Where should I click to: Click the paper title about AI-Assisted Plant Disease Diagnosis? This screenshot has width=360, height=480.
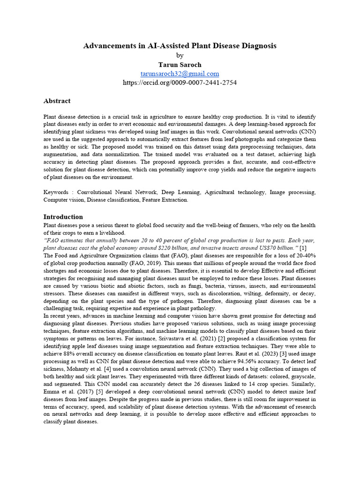point(180,45)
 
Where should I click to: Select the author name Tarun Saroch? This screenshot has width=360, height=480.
point(180,64)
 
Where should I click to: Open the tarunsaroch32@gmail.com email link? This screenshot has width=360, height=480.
point(180,74)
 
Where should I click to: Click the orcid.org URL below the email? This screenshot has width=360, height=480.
point(180,82)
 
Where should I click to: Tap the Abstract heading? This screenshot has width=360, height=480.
point(57,101)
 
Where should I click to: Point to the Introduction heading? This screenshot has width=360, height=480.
point(63,217)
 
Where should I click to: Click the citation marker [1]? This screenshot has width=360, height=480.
point(303,247)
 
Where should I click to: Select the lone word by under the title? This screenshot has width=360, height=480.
point(180,55)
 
